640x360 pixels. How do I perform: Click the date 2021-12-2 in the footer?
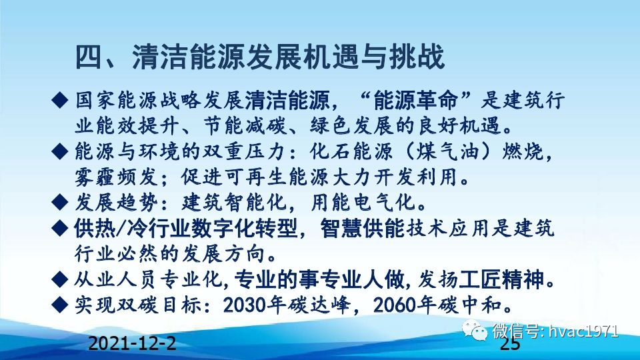(x=133, y=343)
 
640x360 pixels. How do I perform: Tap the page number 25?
(x=510, y=344)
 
